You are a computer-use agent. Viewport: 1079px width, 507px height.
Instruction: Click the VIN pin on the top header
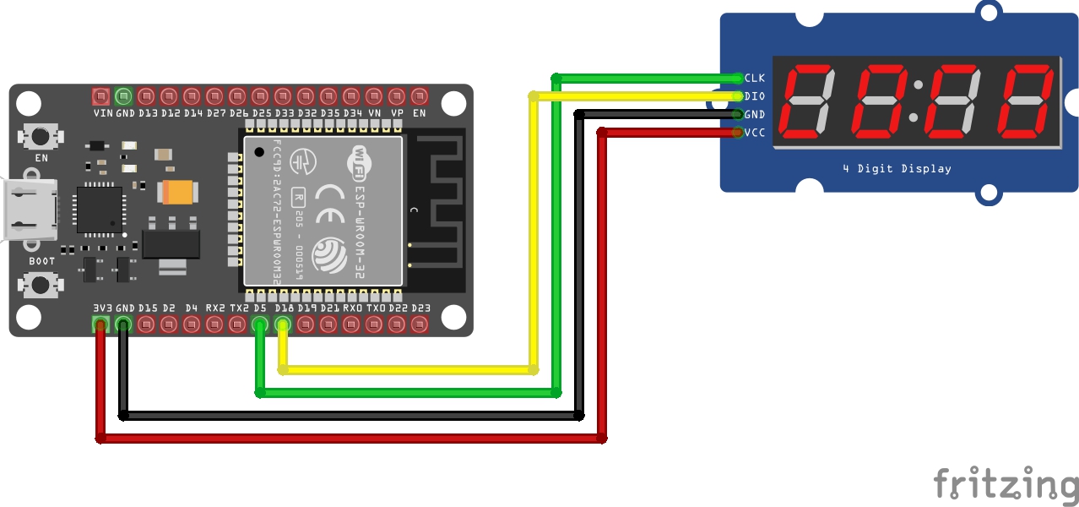(101, 95)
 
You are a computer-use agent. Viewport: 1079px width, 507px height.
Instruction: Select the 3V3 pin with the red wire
(101, 324)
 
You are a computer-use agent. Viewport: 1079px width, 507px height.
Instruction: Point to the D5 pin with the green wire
(261, 324)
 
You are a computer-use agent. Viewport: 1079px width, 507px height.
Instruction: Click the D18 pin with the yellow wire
(284, 324)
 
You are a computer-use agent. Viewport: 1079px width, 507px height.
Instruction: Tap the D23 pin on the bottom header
(420, 324)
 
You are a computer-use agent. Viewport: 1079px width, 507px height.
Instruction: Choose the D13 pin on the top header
(147, 95)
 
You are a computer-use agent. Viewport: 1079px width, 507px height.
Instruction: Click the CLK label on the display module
(754, 78)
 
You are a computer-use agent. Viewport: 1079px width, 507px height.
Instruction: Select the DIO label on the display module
(754, 96)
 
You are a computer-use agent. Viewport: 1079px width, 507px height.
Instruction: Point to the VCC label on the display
(754, 133)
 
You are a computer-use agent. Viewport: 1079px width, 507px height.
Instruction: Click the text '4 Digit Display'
(897, 169)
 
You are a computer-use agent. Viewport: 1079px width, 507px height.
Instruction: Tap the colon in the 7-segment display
(919, 101)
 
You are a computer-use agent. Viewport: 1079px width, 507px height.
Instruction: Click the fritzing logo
(1006, 484)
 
